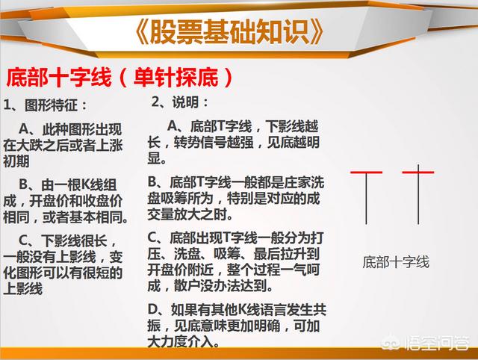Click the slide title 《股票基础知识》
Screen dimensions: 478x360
point(229,32)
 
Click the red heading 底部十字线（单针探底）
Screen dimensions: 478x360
point(119,77)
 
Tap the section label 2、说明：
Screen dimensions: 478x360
point(180,102)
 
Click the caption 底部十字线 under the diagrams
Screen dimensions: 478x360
point(396,262)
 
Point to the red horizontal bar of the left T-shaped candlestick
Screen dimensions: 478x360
point(366,173)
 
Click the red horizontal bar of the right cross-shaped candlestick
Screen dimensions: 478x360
point(418,173)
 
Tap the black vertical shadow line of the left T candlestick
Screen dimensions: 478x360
point(366,199)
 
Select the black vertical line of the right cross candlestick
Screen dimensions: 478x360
point(418,194)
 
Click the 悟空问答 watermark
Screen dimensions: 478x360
point(426,343)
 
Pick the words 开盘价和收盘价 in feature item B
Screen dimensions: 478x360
point(76,201)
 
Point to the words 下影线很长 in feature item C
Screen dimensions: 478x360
point(75,241)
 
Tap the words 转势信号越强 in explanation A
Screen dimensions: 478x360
point(210,143)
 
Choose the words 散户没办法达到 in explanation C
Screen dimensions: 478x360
point(220,286)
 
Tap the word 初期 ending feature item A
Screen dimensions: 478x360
point(16,161)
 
